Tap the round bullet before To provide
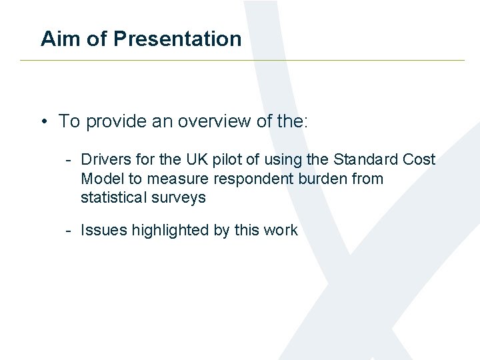pos(43,122)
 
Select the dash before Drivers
pos(69,160)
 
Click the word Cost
pos(419,159)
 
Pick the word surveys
pos(179,198)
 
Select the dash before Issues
pos(69,231)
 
